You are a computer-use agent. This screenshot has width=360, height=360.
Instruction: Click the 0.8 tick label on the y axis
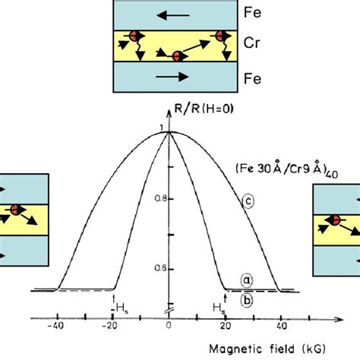(x=156, y=197)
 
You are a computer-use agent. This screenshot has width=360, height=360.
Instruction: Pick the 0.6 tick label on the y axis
(x=156, y=267)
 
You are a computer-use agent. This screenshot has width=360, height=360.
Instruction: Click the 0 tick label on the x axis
(x=169, y=327)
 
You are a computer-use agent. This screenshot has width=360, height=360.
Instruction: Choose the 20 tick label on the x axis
(x=224, y=327)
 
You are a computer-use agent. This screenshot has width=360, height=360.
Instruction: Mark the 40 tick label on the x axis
(x=279, y=327)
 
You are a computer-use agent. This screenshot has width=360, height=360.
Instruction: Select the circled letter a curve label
(x=246, y=280)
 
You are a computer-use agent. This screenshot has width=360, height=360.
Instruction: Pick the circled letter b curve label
(x=246, y=299)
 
